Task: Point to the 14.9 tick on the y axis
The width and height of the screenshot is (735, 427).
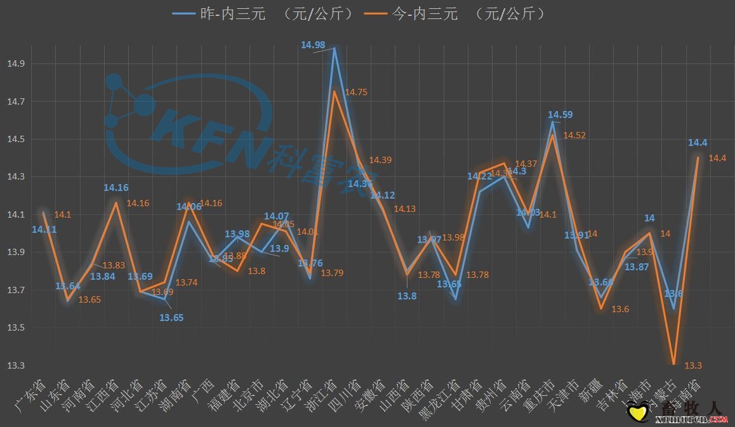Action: coord(15,64)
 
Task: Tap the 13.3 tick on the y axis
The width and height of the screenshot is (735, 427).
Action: coord(15,365)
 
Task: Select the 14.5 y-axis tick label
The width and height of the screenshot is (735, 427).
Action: coord(15,140)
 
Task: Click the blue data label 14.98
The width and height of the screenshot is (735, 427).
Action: coord(314,44)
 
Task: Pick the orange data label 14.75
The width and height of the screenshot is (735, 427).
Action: coord(356,92)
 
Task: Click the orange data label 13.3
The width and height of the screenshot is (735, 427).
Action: coord(693,365)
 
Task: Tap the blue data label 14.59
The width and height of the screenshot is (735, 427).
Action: coord(560,115)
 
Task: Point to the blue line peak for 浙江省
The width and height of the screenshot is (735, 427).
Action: coord(334,48)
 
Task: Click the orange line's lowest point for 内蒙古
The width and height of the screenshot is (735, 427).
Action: coord(673,364)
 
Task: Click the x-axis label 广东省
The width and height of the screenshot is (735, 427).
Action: coord(30,393)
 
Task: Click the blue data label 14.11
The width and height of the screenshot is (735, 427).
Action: coord(44,230)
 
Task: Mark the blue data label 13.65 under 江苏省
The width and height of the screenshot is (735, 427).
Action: coord(171,317)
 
